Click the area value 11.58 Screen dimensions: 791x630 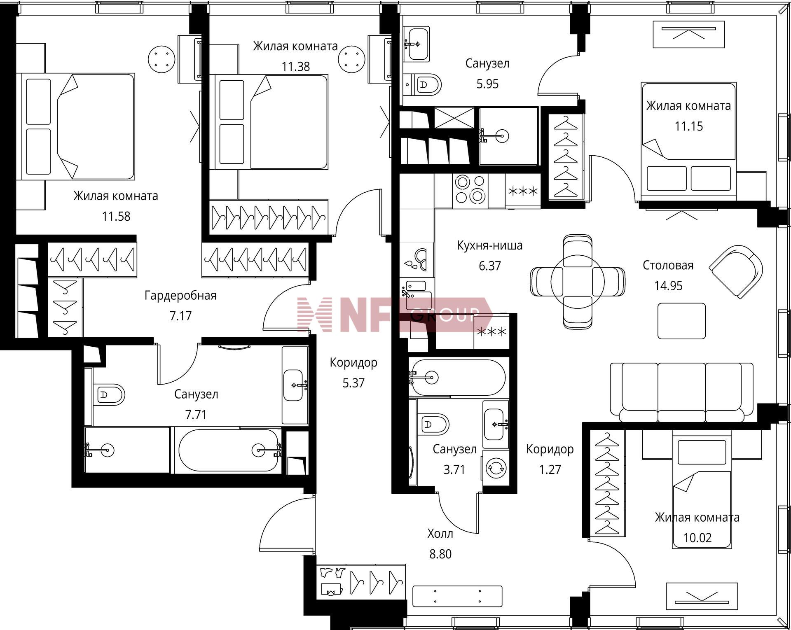pos(116,216)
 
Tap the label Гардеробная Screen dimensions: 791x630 pos(180,296)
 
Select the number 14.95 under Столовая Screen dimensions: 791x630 pos(668,286)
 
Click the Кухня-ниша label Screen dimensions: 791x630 pos(490,245)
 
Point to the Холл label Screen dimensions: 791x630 pos(440,534)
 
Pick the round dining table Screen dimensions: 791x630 pos(578,281)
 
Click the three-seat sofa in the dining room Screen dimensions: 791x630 pos(682,392)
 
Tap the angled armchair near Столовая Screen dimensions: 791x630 pos(736,272)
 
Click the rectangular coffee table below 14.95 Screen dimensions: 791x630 pos(682,321)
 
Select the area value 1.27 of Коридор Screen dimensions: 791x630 pos(550,469)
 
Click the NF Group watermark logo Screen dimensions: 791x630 pos(395,314)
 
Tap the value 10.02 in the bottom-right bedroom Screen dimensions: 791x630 pos(697,538)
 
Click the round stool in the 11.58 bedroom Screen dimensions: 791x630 pos(162,59)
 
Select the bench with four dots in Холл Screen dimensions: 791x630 pos(457,596)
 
